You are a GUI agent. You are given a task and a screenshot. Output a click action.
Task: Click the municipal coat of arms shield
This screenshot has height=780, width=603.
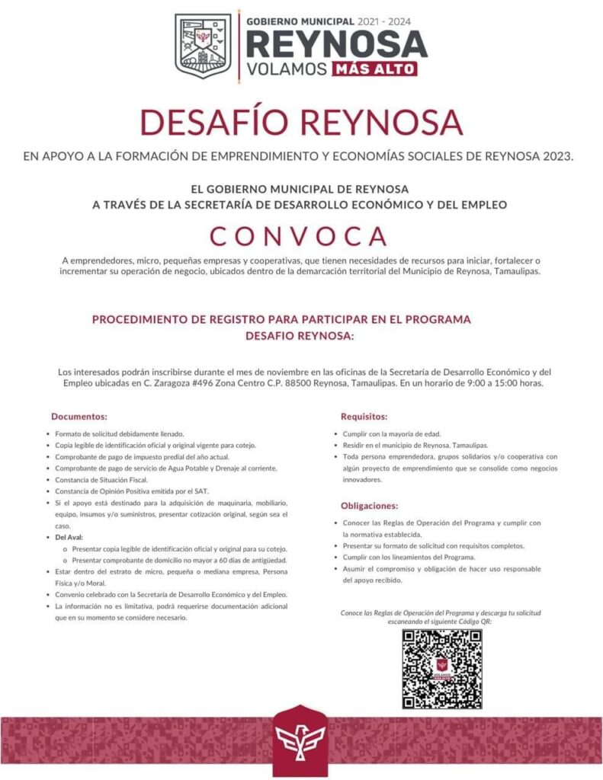tap(203, 46)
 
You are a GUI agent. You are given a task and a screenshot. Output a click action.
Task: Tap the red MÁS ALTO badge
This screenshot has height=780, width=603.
tap(374, 69)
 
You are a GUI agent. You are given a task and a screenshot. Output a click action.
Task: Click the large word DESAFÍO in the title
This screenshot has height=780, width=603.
tap(220, 123)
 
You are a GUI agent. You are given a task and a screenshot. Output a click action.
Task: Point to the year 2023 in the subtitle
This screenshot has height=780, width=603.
tap(558, 157)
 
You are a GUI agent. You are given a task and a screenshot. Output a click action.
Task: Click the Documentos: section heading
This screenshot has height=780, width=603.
tap(79, 417)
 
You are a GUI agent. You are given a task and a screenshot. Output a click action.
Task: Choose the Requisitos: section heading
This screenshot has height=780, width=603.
tap(364, 417)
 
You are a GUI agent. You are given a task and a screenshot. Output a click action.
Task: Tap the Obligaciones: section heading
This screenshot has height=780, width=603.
tap(370, 506)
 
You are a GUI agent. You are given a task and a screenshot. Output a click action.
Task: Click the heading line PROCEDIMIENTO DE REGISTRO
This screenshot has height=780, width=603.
tap(281, 319)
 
